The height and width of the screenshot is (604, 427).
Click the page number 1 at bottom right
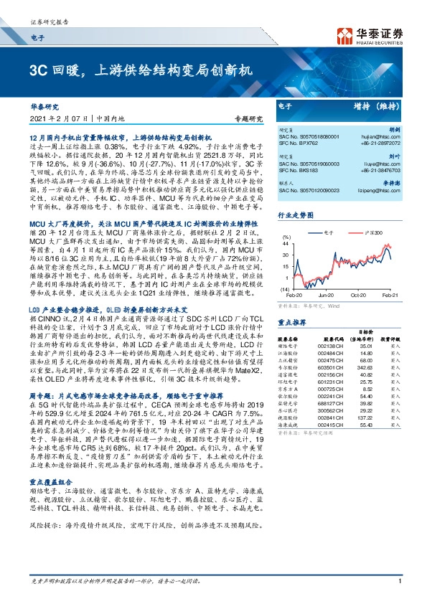pos(399,591)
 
